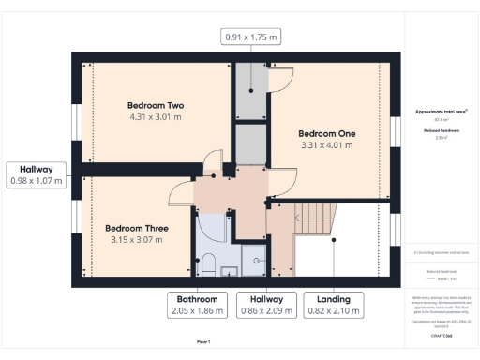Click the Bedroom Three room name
[x=137, y=228]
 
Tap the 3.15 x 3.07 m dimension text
[x=137, y=240]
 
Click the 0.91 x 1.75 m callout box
[x=251, y=37]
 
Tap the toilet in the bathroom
[x=209, y=261]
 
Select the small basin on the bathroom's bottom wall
[x=229, y=273]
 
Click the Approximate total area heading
[x=441, y=111]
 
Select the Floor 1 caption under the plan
[x=203, y=342]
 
